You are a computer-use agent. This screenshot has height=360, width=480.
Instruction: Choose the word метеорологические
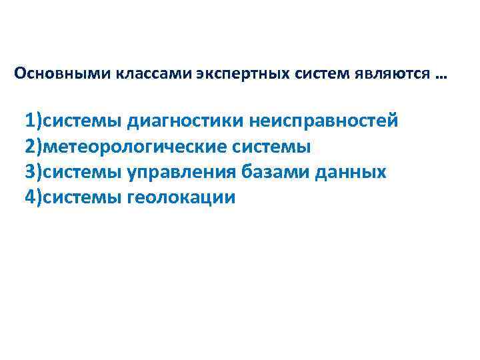(x=137, y=147)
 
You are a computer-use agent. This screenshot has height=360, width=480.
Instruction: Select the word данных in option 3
(x=354, y=172)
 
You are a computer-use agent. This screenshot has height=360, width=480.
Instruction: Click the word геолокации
(x=181, y=197)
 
